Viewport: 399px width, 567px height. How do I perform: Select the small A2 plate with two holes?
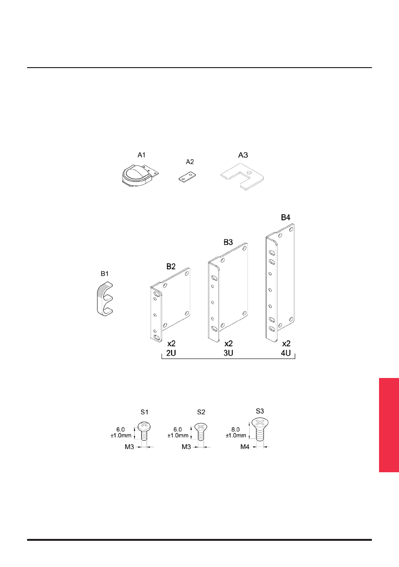click(187, 177)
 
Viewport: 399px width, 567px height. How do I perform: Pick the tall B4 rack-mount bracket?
click(280, 282)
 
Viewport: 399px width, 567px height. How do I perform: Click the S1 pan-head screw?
click(144, 431)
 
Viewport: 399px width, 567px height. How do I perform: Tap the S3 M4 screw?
click(260, 430)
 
